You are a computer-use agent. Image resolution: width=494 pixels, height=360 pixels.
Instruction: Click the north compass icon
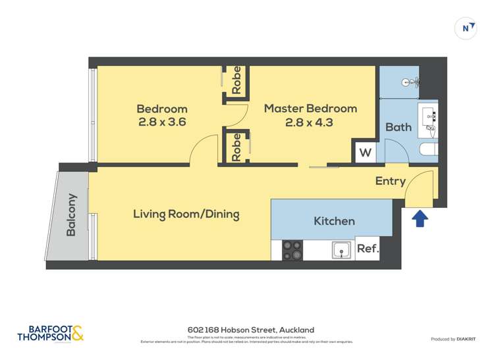tap(466, 28)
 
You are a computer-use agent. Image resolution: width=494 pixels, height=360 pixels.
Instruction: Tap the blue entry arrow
tap(420, 218)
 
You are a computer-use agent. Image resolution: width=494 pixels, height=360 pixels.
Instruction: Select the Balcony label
tap(71, 215)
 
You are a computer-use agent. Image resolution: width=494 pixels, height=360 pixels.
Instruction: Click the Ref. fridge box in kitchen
tap(368, 249)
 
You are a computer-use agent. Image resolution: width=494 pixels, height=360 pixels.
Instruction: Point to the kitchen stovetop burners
tap(292, 250)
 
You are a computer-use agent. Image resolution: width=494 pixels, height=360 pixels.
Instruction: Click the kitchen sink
tap(341, 250)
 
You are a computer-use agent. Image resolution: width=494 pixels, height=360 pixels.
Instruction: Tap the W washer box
tap(365, 153)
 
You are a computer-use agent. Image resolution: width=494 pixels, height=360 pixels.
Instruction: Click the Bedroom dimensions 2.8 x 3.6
tap(161, 122)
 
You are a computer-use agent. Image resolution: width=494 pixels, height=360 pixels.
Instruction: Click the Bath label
tap(398, 127)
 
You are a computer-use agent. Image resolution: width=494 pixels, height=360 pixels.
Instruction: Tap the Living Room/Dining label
tap(186, 214)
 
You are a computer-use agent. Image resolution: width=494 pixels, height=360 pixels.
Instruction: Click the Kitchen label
tap(334, 221)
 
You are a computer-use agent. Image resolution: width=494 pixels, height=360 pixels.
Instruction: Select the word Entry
tap(390, 181)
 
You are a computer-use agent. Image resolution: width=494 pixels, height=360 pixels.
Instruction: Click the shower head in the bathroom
tap(413, 82)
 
